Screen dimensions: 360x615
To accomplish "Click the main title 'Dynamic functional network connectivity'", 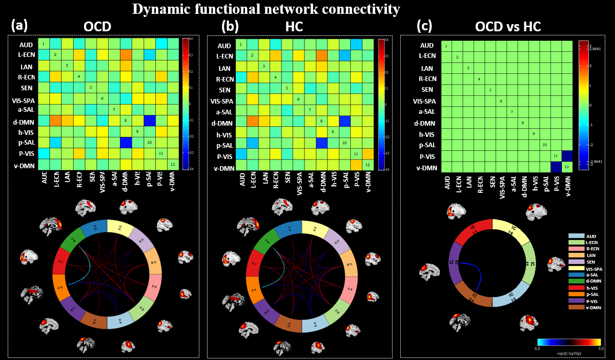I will [266, 9].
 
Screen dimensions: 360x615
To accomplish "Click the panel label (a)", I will [20, 25].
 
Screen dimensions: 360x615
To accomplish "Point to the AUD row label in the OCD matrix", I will [27, 45].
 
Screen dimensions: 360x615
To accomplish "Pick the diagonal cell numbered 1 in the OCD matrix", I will [43, 44].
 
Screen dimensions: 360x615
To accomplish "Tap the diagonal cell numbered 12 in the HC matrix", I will [367, 164].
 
